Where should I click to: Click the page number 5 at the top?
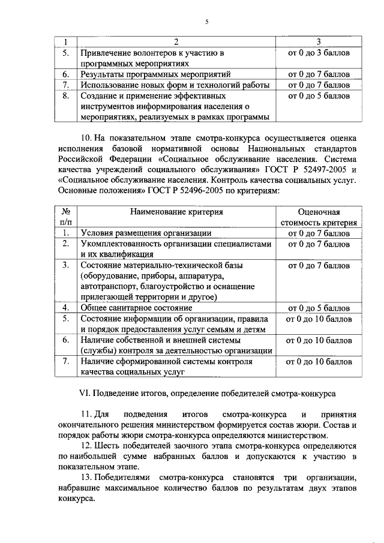(206, 22)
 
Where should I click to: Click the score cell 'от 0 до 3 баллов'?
(319, 53)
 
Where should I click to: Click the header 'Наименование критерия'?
(177, 212)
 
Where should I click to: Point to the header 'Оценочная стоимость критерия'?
(319, 217)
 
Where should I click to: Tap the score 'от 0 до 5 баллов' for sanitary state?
(319, 308)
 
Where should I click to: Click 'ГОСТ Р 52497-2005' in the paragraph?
(302, 170)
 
